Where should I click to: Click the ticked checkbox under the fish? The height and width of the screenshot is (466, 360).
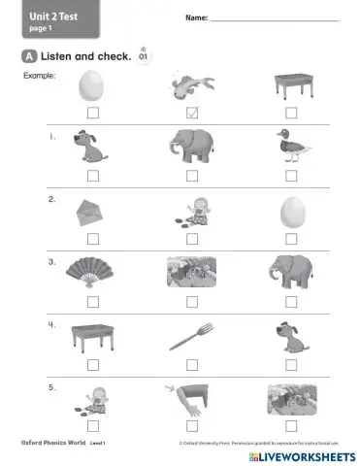(x=191, y=113)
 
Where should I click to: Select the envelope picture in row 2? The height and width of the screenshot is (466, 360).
(x=92, y=212)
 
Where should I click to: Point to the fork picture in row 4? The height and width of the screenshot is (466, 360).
(x=191, y=337)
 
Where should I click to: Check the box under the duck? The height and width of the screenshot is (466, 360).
(x=290, y=176)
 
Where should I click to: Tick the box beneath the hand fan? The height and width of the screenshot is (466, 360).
(x=92, y=301)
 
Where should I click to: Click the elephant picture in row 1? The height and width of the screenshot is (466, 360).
(x=191, y=148)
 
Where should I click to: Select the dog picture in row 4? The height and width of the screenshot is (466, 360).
(x=289, y=336)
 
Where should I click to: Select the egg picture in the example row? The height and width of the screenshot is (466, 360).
(x=92, y=85)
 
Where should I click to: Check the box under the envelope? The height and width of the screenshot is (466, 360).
(x=92, y=238)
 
